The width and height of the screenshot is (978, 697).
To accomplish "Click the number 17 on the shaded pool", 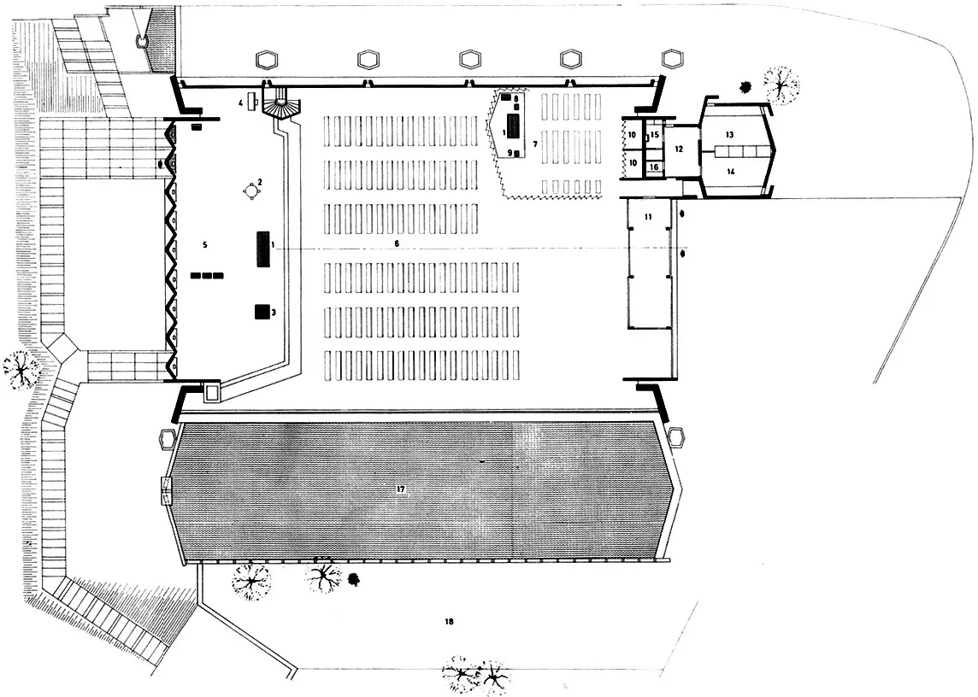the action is pyautogui.click(x=400, y=490).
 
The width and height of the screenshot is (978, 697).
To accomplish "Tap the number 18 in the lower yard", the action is pyautogui.click(x=449, y=622).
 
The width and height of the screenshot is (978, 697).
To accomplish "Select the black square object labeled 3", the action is pyautogui.click(x=262, y=312).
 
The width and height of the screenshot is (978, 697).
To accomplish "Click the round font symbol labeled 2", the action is pyautogui.click(x=252, y=191).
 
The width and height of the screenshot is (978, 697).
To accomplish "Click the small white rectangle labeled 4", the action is pyautogui.click(x=252, y=101).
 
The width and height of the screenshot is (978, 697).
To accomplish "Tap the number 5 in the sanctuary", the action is pyautogui.click(x=204, y=245).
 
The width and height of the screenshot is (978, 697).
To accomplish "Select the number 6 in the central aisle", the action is pyautogui.click(x=397, y=243).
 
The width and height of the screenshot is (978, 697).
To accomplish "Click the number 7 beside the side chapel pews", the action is pyautogui.click(x=535, y=144).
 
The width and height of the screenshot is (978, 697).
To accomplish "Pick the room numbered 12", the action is pyautogui.click(x=680, y=149).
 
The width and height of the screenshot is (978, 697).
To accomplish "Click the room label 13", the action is pyautogui.click(x=730, y=135).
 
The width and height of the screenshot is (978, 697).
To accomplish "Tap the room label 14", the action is pyautogui.click(x=730, y=171).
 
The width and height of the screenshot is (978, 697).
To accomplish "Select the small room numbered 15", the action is pyautogui.click(x=654, y=135).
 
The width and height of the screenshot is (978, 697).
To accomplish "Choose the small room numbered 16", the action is pyautogui.click(x=654, y=167).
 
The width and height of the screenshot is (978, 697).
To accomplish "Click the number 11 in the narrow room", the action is pyautogui.click(x=649, y=217).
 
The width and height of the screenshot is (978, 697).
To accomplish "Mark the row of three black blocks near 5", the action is pyautogui.click(x=207, y=276).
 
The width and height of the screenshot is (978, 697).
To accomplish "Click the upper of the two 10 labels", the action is pyautogui.click(x=632, y=135).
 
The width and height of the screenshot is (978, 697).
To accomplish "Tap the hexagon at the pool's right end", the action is pyautogui.click(x=677, y=437).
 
